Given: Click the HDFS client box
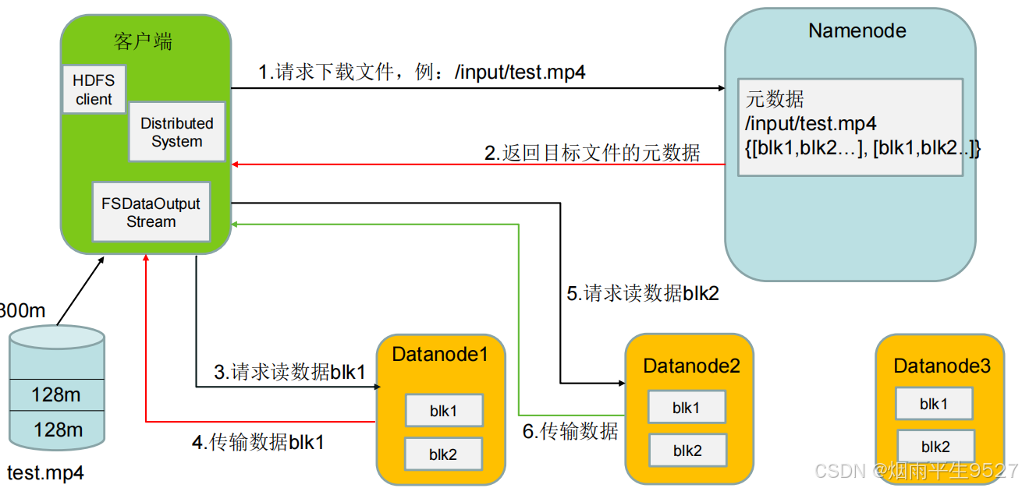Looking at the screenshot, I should click(x=93, y=89).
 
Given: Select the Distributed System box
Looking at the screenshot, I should click(x=176, y=132).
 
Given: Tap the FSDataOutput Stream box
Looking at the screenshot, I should click(x=151, y=212).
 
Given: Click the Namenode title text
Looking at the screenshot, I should click(x=857, y=30).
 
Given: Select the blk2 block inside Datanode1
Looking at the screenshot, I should click(x=443, y=454).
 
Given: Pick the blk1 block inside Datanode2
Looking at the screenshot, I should click(x=687, y=407).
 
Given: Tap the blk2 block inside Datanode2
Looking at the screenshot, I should click(x=687, y=450).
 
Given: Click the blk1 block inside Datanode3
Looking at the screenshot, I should click(x=934, y=404).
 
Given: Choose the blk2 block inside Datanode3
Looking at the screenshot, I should click(x=935, y=447).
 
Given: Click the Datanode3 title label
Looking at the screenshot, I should click(x=942, y=365).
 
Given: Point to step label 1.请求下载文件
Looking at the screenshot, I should click(x=422, y=72).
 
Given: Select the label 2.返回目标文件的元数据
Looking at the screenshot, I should click(x=592, y=153).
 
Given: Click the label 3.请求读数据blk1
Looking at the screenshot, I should click(x=289, y=372).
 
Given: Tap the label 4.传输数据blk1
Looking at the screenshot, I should click(x=257, y=442).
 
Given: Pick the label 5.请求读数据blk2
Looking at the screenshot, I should click(x=642, y=294).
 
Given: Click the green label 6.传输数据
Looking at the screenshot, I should click(x=569, y=430).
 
